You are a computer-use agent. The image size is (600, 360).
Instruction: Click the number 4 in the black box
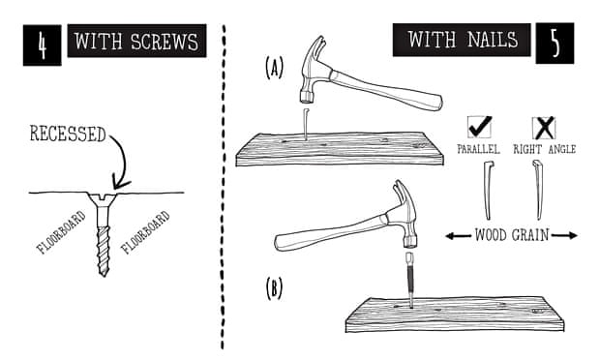[x=42, y=45]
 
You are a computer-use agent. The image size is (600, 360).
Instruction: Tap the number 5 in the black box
[x=555, y=43]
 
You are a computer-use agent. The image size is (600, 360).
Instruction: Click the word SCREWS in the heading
[x=165, y=42]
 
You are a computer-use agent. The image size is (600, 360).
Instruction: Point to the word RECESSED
[x=68, y=134]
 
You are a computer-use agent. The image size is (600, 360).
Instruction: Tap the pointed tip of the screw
[x=104, y=274]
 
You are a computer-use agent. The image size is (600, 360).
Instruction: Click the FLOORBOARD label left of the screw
[x=61, y=232]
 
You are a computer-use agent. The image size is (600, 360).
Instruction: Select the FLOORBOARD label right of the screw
[x=145, y=232]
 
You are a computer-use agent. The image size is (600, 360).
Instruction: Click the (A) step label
[x=274, y=68]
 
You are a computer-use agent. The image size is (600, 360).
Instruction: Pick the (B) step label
[x=274, y=288]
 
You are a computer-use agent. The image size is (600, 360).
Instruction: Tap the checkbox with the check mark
[x=480, y=128]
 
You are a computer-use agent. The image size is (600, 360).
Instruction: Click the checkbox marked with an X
[x=544, y=128]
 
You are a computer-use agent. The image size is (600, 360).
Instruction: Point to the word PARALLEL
[x=479, y=149]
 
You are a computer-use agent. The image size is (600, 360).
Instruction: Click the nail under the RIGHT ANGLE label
[x=538, y=190]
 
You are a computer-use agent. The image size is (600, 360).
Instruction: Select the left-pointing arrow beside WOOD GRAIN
[x=458, y=236]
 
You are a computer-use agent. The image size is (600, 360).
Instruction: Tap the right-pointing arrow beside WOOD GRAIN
[x=564, y=236]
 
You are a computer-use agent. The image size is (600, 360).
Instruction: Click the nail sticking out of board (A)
[x=306, y=123]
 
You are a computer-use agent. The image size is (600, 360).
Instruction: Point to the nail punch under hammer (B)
[x=409, y=280]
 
